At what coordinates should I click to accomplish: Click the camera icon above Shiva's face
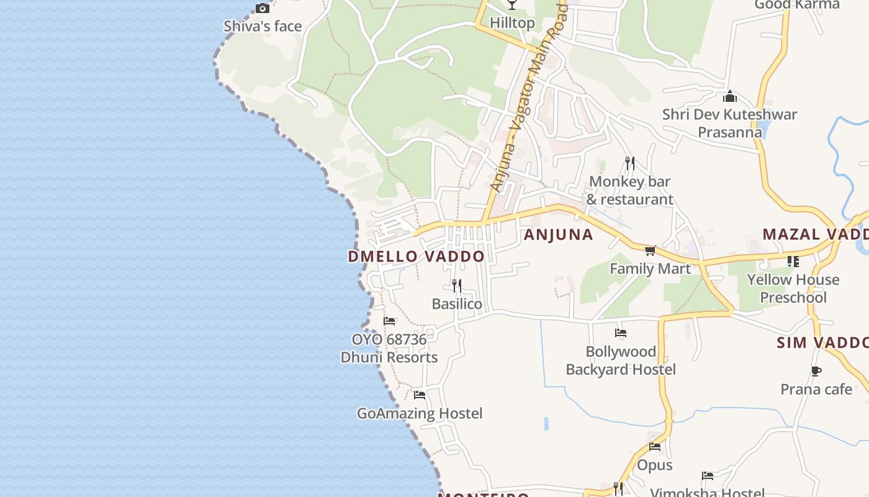point(263,8)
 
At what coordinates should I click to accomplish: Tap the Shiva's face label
point(263,26)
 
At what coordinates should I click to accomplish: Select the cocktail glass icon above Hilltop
point(511,5)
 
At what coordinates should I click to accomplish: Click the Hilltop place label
point(512,23)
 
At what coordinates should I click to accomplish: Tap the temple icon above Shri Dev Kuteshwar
point(730,96)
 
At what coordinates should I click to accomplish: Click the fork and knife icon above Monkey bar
point(630,163)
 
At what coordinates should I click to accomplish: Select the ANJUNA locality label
point(559,235)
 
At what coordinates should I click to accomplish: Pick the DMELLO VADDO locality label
point(416,257)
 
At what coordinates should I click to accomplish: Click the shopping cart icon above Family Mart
point(650,250)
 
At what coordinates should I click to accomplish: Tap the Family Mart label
point(650,268)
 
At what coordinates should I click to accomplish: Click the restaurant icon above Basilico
point(457,286)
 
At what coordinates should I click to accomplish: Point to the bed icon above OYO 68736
point(389,321)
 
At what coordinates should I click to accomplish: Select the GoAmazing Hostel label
point(420,413)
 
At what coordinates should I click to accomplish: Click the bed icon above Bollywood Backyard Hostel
point(621,334)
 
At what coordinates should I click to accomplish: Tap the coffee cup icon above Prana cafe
point(816,372)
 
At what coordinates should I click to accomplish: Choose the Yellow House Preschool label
point(793,288)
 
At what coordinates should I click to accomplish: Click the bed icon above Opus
point(655,447)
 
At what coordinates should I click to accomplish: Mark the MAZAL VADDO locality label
point(815,234)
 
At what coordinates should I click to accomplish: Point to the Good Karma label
point(796,5)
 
